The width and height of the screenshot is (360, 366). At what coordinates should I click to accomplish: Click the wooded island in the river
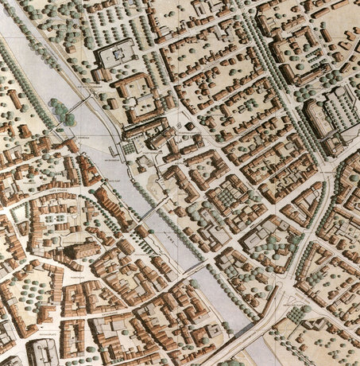click(x=59, y=111)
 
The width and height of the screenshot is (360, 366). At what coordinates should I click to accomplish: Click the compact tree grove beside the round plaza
click(x=299, y=314)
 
